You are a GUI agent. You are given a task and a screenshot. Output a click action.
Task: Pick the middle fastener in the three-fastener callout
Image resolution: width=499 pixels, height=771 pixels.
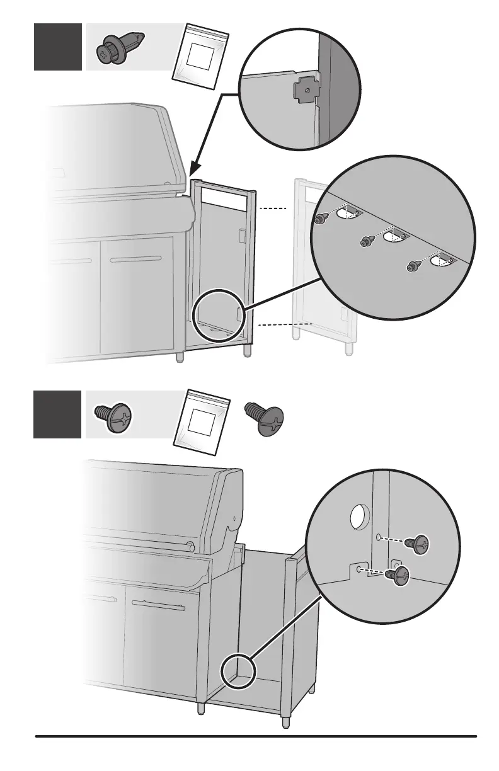coord(366,240)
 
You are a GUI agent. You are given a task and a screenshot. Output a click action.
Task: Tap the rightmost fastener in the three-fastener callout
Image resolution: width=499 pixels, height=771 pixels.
coord(413,266)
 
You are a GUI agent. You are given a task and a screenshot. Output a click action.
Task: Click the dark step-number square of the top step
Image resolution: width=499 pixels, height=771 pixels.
coord(58,47)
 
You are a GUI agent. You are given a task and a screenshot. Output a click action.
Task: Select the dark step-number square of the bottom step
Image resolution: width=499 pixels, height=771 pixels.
coord(58,414)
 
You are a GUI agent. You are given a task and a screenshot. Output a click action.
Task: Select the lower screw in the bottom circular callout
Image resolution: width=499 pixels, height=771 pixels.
coord(399,576)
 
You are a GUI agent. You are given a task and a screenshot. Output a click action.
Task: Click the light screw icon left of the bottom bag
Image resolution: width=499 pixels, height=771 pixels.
coord(113,417)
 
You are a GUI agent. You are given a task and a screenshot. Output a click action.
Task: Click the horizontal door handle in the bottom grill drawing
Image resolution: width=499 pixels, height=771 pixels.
coord(158,607)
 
